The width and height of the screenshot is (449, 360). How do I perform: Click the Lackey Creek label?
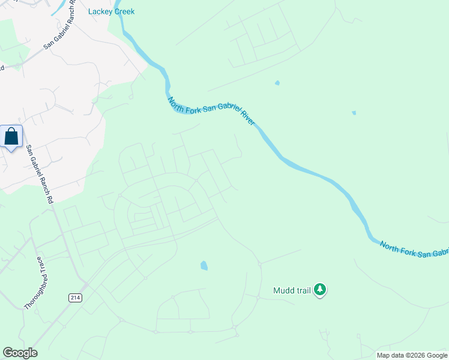pyautogui.click(x=112, y=11)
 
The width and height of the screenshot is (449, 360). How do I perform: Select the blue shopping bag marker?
pyautogui.click(x=11, y=136)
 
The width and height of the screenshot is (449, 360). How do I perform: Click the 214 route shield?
pyautogui.click(x=74, y=298)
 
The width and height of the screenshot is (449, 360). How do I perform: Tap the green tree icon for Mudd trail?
pyautogui.click(x=321, y=290)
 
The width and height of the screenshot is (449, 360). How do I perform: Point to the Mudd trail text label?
pyautogui.click(x=292, y=290)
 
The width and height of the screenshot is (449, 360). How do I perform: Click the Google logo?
pyautogui.click(x=20, y=353)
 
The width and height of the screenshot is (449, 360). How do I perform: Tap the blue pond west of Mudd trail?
pyautogui.click(x=204, y=265)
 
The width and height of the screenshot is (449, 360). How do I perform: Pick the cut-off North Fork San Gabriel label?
pyautogui.click(x=414, y=250)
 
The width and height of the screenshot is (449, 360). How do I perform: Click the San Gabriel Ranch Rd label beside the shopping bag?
pyautogui.click(x=40, y=173)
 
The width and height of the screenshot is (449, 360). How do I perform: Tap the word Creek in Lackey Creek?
pyautogui.click(x=124, y=11)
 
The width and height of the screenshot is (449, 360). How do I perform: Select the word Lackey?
pyautogui.click(x=100, y=11)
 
